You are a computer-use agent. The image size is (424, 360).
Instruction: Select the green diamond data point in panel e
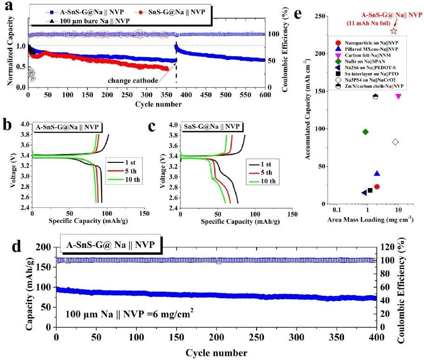click(365, 132)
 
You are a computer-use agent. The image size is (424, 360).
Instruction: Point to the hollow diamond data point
click(396, 142)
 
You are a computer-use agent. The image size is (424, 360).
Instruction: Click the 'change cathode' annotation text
click(133, 80)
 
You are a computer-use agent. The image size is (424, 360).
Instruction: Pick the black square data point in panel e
click(370, 190)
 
